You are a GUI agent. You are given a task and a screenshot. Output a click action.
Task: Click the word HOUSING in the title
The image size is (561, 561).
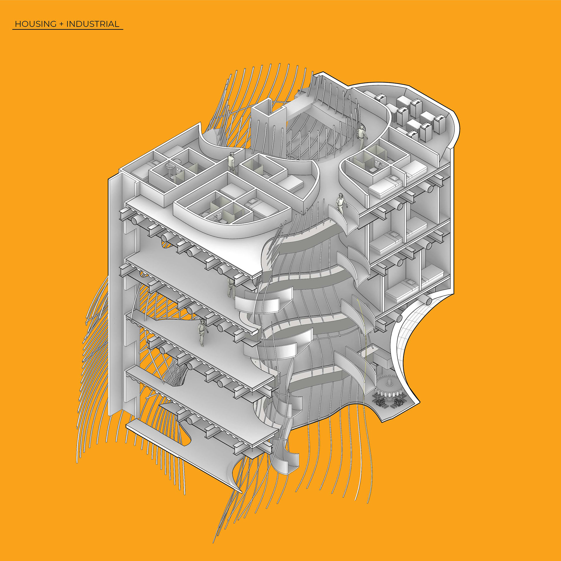coord(36,24)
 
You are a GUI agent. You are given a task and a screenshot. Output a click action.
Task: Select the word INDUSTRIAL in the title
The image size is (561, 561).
coord(93,24)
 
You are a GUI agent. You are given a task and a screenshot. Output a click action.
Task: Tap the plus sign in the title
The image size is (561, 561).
coord(61,24)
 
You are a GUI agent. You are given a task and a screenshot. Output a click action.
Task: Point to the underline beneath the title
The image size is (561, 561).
coord(68,29)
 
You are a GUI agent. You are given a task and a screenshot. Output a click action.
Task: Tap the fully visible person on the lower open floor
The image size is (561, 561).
coord(202,332)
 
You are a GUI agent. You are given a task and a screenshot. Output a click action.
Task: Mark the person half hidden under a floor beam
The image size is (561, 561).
coord(231,288)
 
